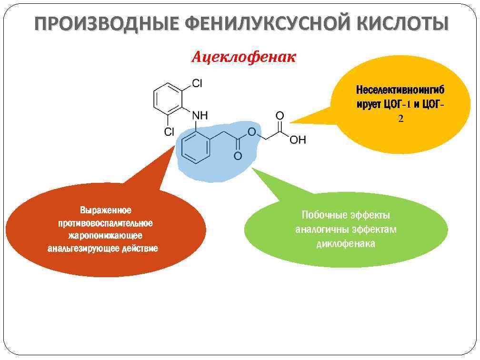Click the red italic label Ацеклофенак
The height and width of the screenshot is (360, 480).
click(x=243, y=58)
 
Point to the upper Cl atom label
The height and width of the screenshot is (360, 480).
click(x=197, y=84)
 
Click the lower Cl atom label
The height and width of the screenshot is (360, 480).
click(x=169, y=131)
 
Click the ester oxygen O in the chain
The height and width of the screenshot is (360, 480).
click(x=252, y=132)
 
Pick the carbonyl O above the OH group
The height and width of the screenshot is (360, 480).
click(x=280, y=116)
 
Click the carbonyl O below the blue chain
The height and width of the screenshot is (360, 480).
click(x=237, y=156)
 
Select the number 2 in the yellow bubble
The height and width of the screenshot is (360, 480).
click(x=400, y=119)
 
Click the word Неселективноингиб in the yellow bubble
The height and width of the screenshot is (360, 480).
click(x=400, y=90)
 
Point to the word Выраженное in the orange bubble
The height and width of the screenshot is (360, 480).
click(x=106, y=210)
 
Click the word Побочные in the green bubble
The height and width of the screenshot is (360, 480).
click(x=322, y=215)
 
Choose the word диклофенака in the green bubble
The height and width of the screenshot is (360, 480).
click(x=345, y=244)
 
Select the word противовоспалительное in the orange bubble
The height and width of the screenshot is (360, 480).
click(x=105, y=223)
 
